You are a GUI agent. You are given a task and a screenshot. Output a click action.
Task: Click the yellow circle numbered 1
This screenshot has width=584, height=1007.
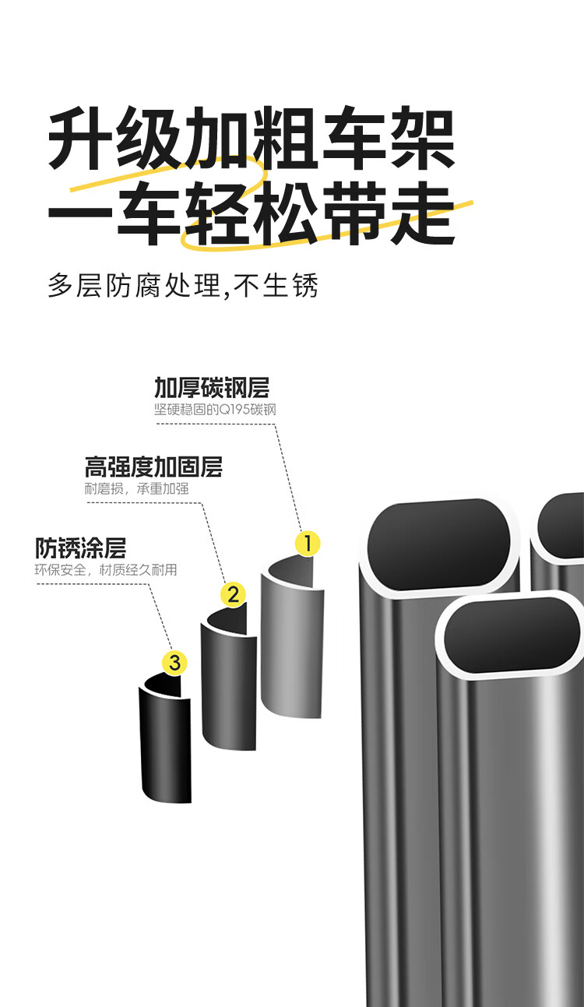click(x=308, y=544)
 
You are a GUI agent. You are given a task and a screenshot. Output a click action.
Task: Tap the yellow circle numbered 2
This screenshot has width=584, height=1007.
click(x=233, y=595)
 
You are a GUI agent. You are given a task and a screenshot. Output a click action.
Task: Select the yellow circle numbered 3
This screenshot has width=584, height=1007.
click(x=174, y=663)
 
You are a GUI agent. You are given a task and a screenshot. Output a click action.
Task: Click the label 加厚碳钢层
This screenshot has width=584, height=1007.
click(x=211, y=387)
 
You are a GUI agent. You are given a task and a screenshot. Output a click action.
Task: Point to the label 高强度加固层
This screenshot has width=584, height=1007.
click(x=153, y=467)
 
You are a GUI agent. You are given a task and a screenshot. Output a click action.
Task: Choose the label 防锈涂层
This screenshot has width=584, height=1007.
click(x=80, y=548)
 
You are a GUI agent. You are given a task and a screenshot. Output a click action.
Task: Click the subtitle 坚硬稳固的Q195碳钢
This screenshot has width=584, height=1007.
click(x=216, y=410)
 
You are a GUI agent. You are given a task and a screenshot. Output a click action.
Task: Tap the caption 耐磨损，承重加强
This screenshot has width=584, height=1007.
click(x=136, y=489)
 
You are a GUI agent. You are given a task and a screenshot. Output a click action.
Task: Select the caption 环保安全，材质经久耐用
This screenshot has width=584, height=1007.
click(x=106, y=570)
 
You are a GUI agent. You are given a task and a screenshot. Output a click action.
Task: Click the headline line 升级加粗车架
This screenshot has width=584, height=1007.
click(x=251, y=141)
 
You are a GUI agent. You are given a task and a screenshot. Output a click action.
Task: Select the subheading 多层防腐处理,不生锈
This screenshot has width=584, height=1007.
click(x=183, y=285)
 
